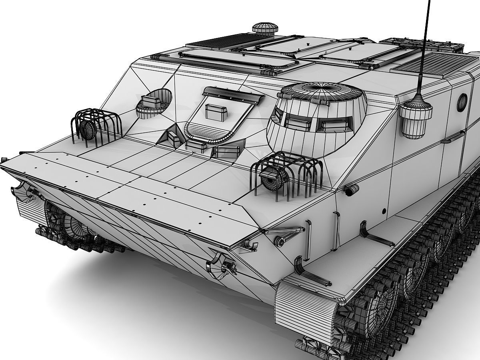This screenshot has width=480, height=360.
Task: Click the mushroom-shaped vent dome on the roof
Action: click(x=264, y=28)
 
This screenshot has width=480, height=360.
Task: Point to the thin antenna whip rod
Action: click(x=424, y=44)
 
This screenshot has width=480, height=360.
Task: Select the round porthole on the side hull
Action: click(x=462, y=102)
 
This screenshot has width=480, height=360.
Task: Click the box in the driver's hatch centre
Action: click(x=216, y=112)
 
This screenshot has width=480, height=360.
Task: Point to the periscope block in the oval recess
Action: click(x=151, y=102)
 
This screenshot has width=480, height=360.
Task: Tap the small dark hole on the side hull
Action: click(x=384, y=211)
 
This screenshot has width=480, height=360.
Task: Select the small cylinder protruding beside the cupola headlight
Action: click(x=351, y=190)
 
